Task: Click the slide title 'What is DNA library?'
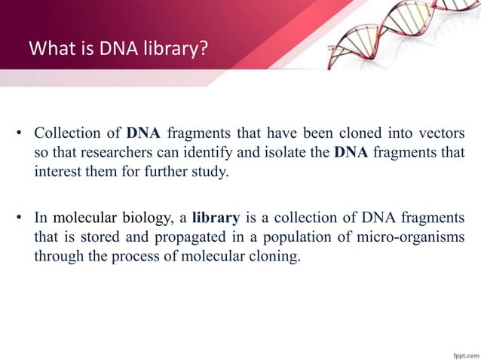pos(118,50)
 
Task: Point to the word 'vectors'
pos(441,135)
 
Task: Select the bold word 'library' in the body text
pos(216,218)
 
